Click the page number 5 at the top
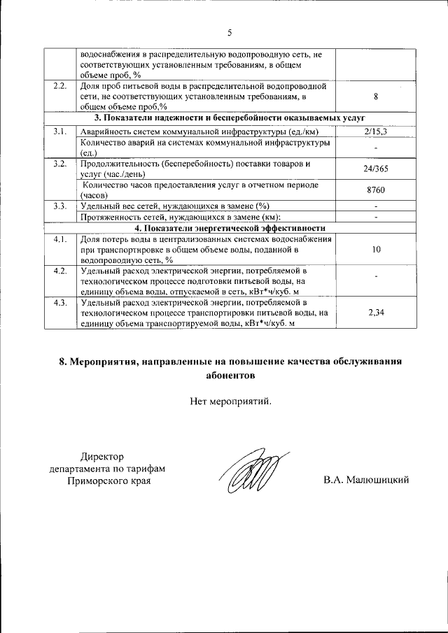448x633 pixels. pos(228,32)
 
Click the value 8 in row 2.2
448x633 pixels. pos(376,97)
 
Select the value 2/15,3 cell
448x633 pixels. pos(376,131)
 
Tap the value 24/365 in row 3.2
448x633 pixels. pos(376,169)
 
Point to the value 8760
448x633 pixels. pos(376,190)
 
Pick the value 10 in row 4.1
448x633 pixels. pos(376,249)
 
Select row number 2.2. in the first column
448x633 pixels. pos(60,87)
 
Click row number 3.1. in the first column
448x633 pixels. pos(60,131)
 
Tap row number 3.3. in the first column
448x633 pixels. pos(60,206)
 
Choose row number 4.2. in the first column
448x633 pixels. pos(60,271)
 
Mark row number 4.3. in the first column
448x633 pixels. pos(60,302)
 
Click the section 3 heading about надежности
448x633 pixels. pos(229,118)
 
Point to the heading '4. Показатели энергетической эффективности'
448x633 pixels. pos(229,228)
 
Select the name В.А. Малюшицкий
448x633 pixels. pos(366,481)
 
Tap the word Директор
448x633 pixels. pos(101,455)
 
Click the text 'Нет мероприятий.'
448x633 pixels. pos(229,401)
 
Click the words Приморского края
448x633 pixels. pos(108,481)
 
